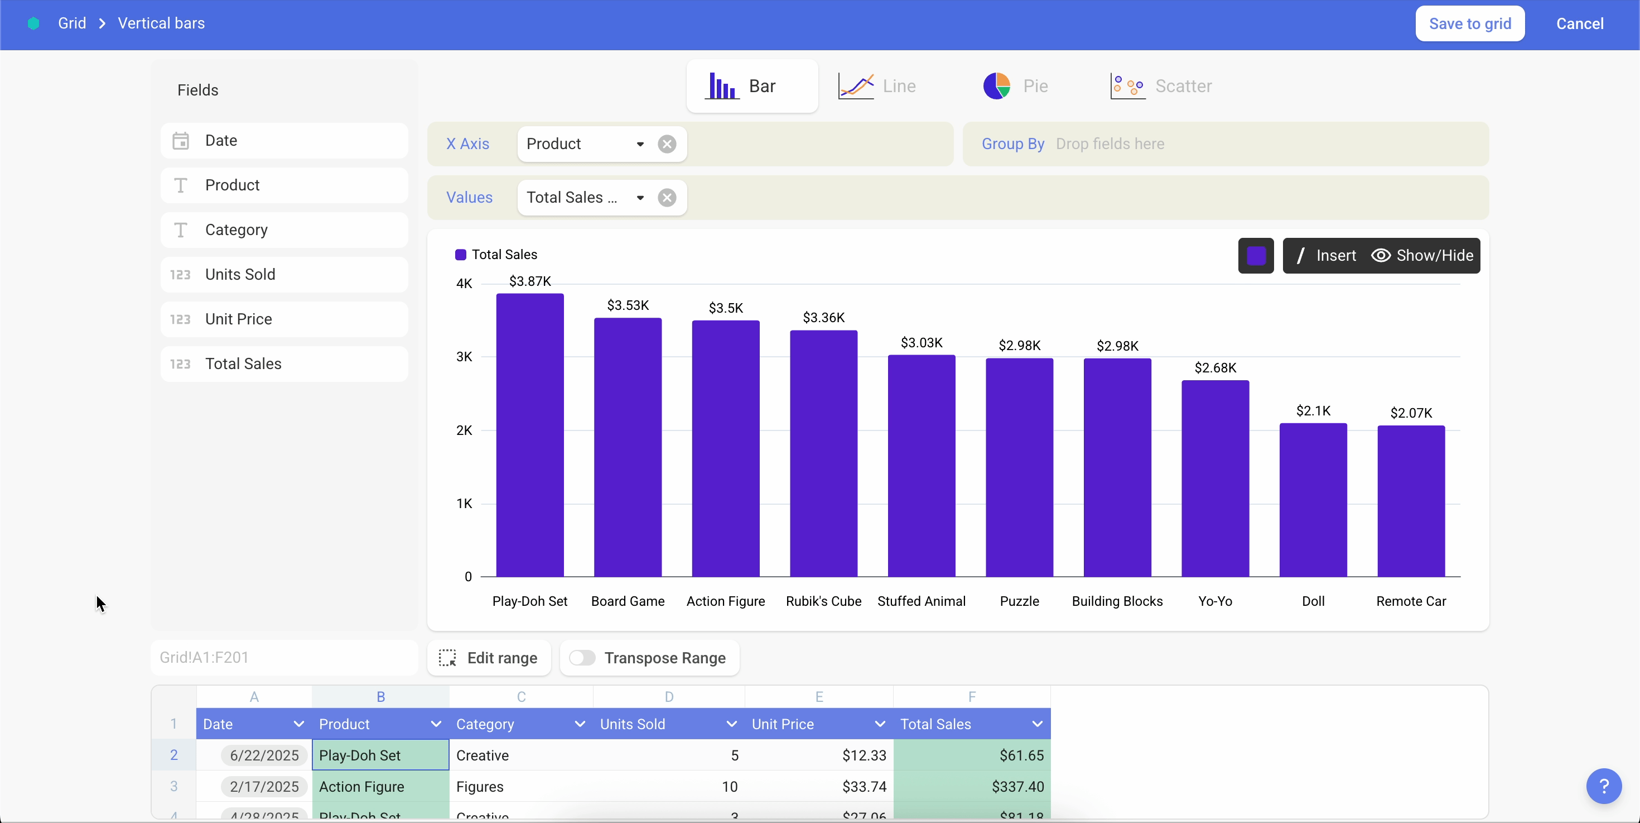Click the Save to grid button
point(1469,23)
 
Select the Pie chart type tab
point(1015,86)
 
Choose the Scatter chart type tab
point(1161,86)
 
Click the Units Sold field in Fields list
point(284,275)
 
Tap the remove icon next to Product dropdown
point(667,144)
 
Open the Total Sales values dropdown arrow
point(640,198)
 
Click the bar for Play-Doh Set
point(530,435)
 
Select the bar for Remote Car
point(1411,501)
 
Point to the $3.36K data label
point(823,317)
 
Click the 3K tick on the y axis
point(464,357)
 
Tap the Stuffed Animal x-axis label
point(921,601)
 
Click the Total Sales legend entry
point(496,255)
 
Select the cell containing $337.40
point(972,787)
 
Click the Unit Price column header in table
point(783,724)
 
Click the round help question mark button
point(1603,787)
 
